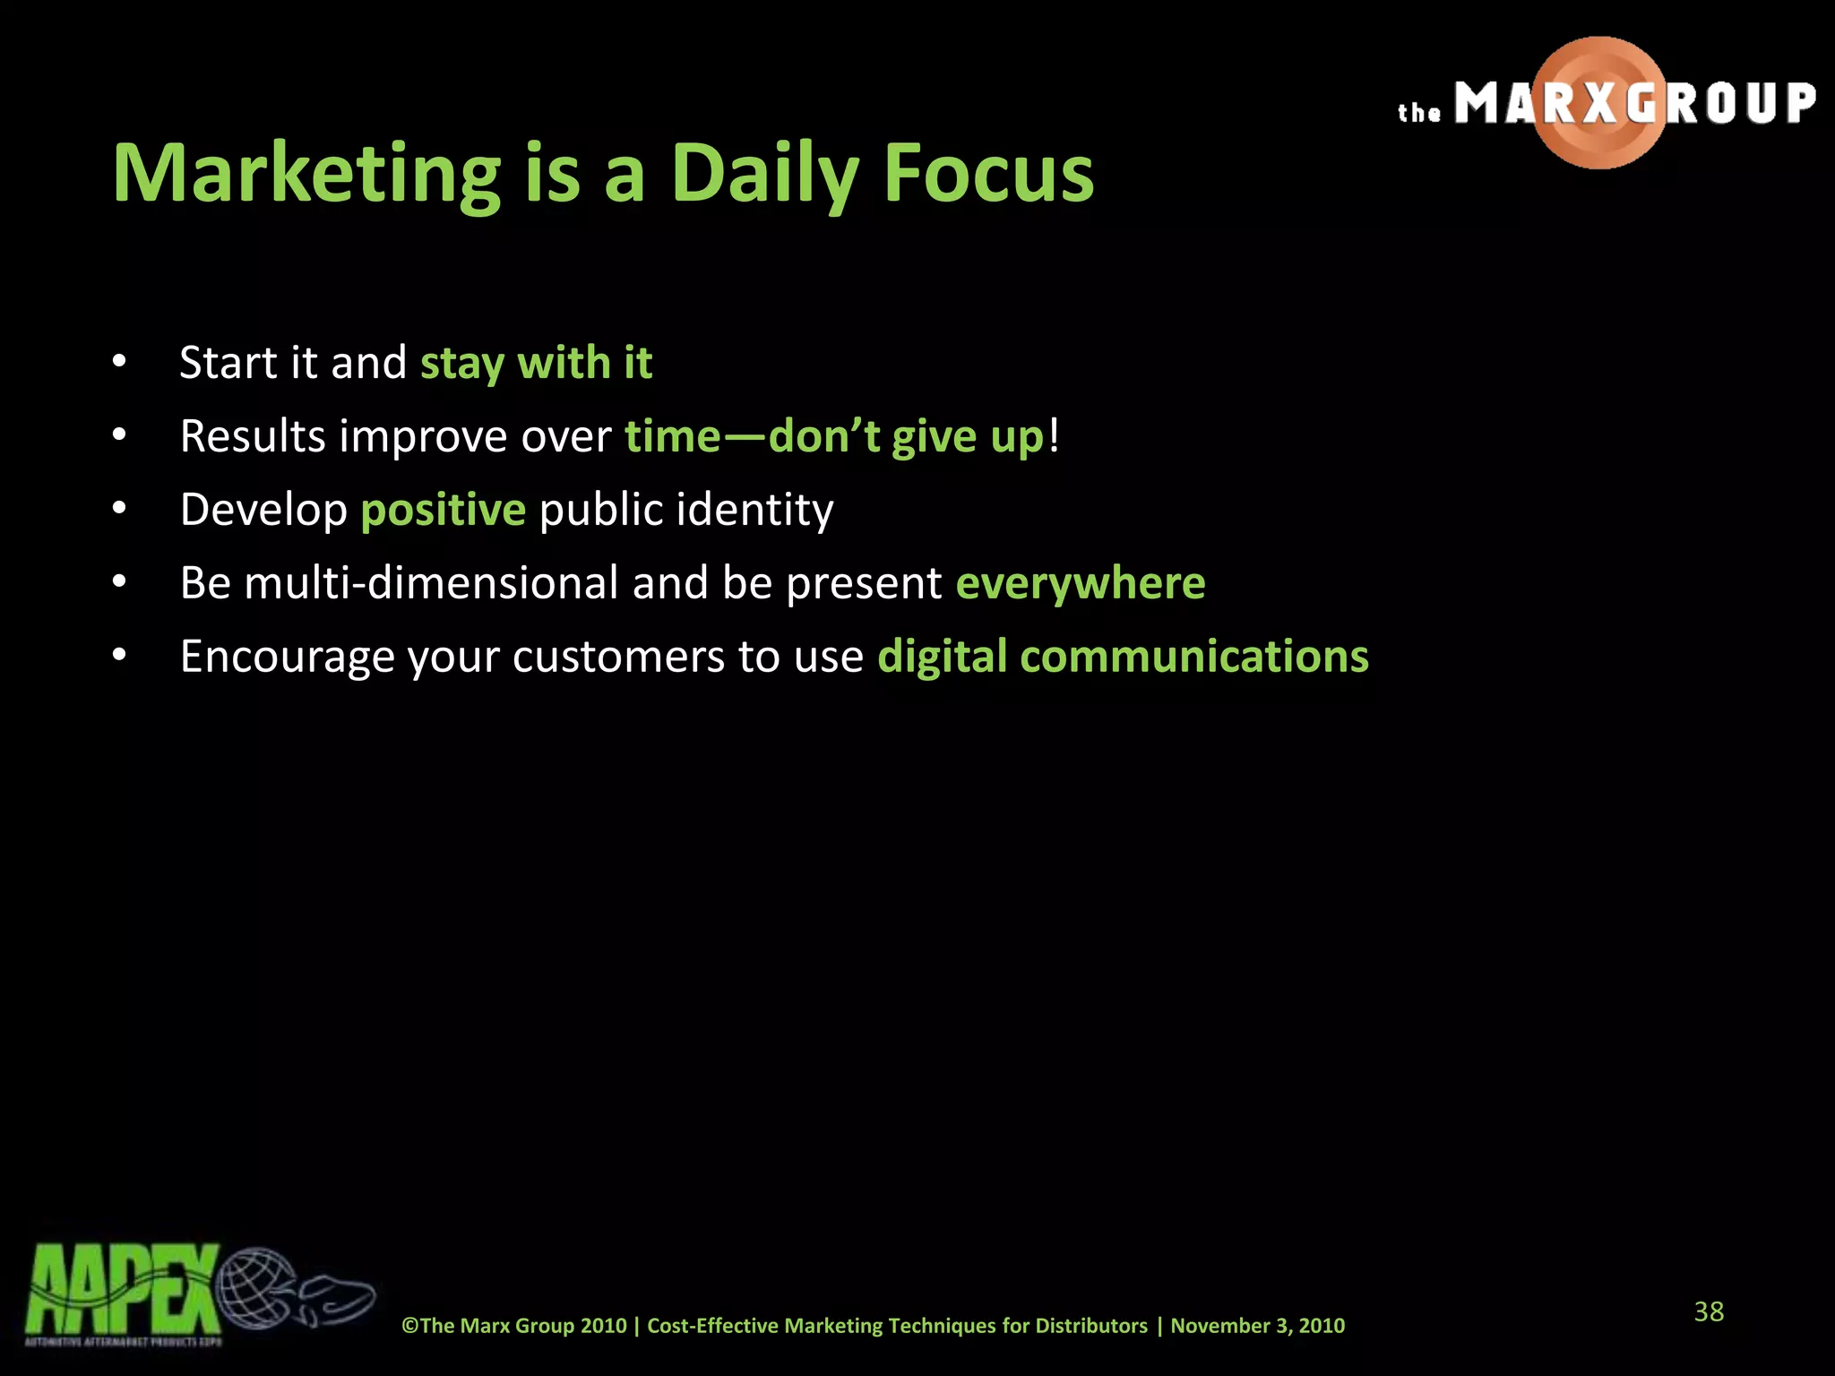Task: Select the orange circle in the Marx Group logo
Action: click(x=1599, y=103)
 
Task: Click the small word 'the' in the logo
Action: click(x=1419, y=113)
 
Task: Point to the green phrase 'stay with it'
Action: click(x=536, y=363)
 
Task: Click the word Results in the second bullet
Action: click(x=253, y=436)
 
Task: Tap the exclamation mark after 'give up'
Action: click(x=1054, y=436)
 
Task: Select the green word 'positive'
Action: click(x=443, y=510)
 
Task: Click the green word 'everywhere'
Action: click(x=1081, y=583)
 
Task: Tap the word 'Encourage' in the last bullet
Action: click(x=287, y=657)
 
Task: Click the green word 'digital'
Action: click(x=942, y=657)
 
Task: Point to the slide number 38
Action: click(x=1709, y=1311)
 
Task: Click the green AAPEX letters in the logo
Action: click(x=121, y=1290)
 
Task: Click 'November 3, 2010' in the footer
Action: click(x=1257, y=1326)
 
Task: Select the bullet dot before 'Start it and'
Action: click(x=119, y=363)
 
